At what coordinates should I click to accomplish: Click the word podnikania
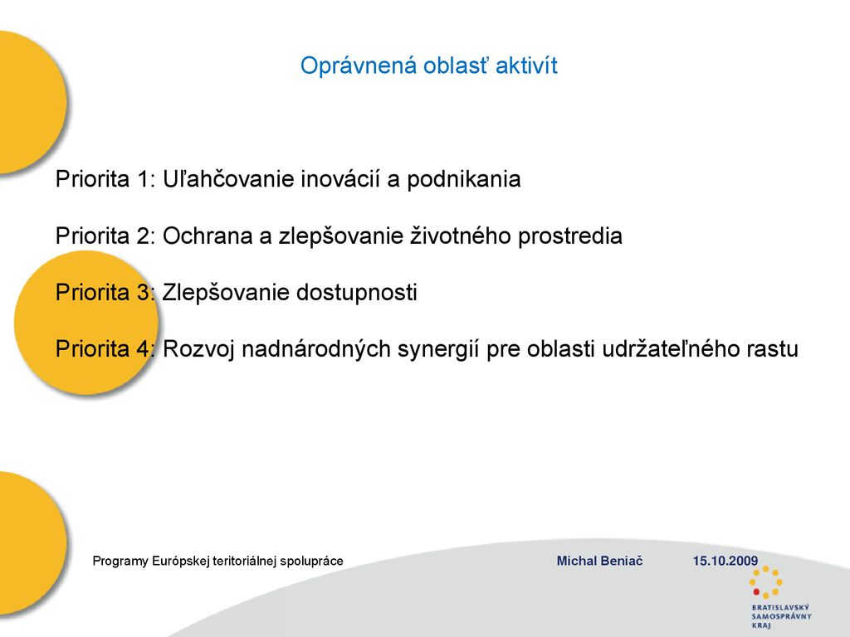[463, 180]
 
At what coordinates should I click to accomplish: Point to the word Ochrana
[208, 236]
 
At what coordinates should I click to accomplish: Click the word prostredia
[569, 236]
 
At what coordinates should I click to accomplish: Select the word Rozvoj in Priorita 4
[198, 349]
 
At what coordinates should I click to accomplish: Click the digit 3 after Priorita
[143, 293]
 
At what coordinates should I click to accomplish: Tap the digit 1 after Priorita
[142, 179]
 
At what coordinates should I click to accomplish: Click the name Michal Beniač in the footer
[599, 562]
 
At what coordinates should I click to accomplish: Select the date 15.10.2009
[725, 562]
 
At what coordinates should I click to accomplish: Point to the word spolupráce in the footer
[312, 562]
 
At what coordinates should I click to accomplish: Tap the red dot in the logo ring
[756, 592]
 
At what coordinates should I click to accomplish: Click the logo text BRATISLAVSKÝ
[780, 608]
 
